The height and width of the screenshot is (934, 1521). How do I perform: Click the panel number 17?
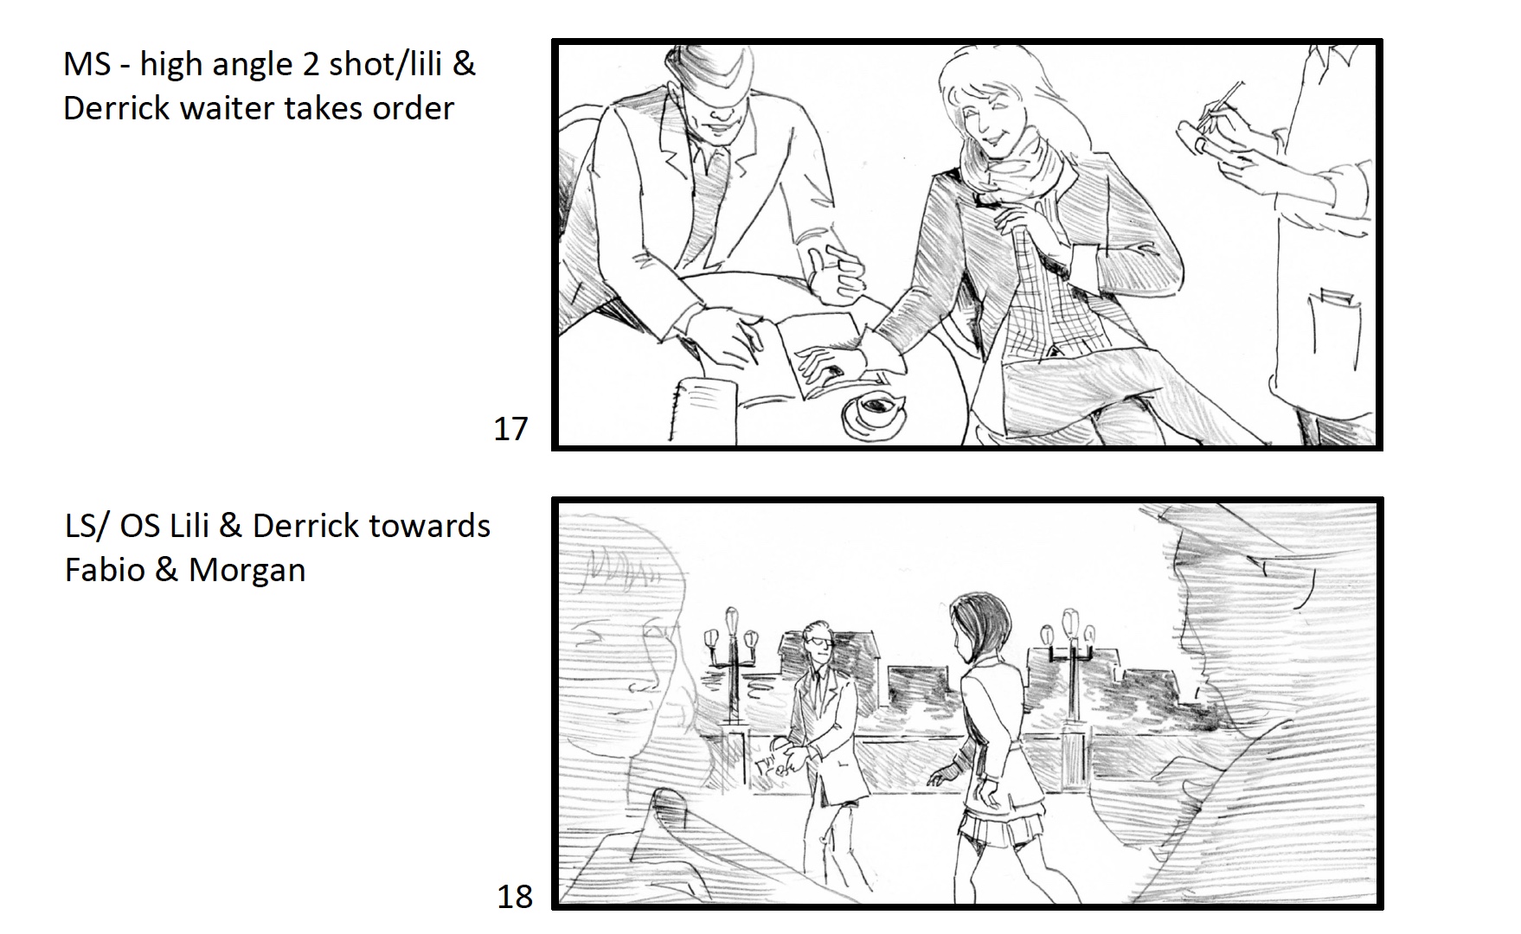point(510,429)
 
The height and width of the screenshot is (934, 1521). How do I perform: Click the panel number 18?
point(515,896)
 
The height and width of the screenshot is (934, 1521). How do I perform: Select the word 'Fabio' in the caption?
point(105,570)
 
